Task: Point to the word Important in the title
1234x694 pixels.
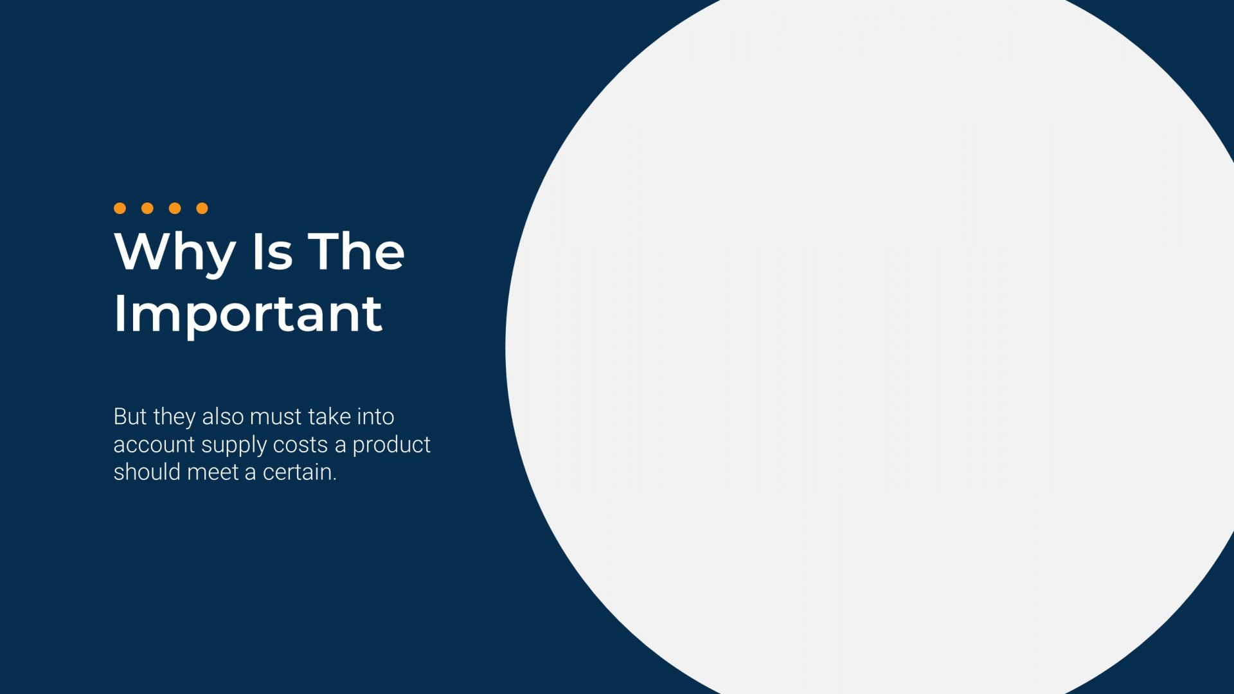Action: coord(248,315)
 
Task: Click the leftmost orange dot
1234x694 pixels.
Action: coord(120,208)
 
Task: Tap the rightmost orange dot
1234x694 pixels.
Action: coord(202,208)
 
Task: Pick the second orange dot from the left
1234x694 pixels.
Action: coord(147,208)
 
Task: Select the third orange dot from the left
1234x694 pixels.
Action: coord(175,208)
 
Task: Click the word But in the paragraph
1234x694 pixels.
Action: coord(130,416)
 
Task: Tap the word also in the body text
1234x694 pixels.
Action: coord(223,416)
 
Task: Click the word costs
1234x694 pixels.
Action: coord(300,445)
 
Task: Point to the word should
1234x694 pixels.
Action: coord(147,472)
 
